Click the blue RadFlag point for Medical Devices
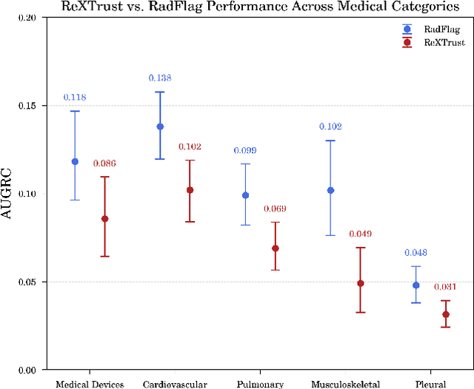[x=75, y=161]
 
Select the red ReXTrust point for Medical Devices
[x=104, y=219]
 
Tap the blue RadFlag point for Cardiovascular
[x=160, y=126]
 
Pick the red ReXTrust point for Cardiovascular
[x=190, y=190]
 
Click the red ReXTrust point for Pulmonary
[x=275, y=248]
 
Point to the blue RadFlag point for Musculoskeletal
[x=330, y=190]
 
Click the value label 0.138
[x=160, y=78]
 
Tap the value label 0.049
[x=360, y=234]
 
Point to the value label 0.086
[x=104, y=163]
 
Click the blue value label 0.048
[x=415, y=252]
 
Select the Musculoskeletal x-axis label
[x=345, y=384]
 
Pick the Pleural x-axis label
[x=430, y=384]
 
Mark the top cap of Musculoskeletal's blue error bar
[x=330, y=141]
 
